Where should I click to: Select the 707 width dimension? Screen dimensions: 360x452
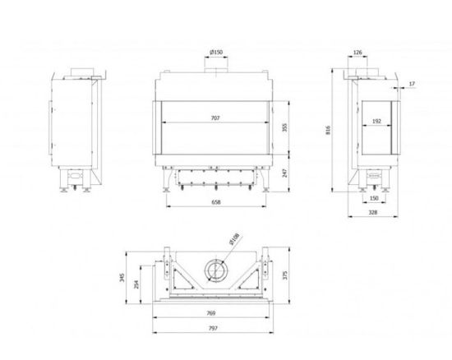click(215, 118)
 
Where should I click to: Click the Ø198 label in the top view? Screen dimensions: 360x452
click(234, 240)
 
